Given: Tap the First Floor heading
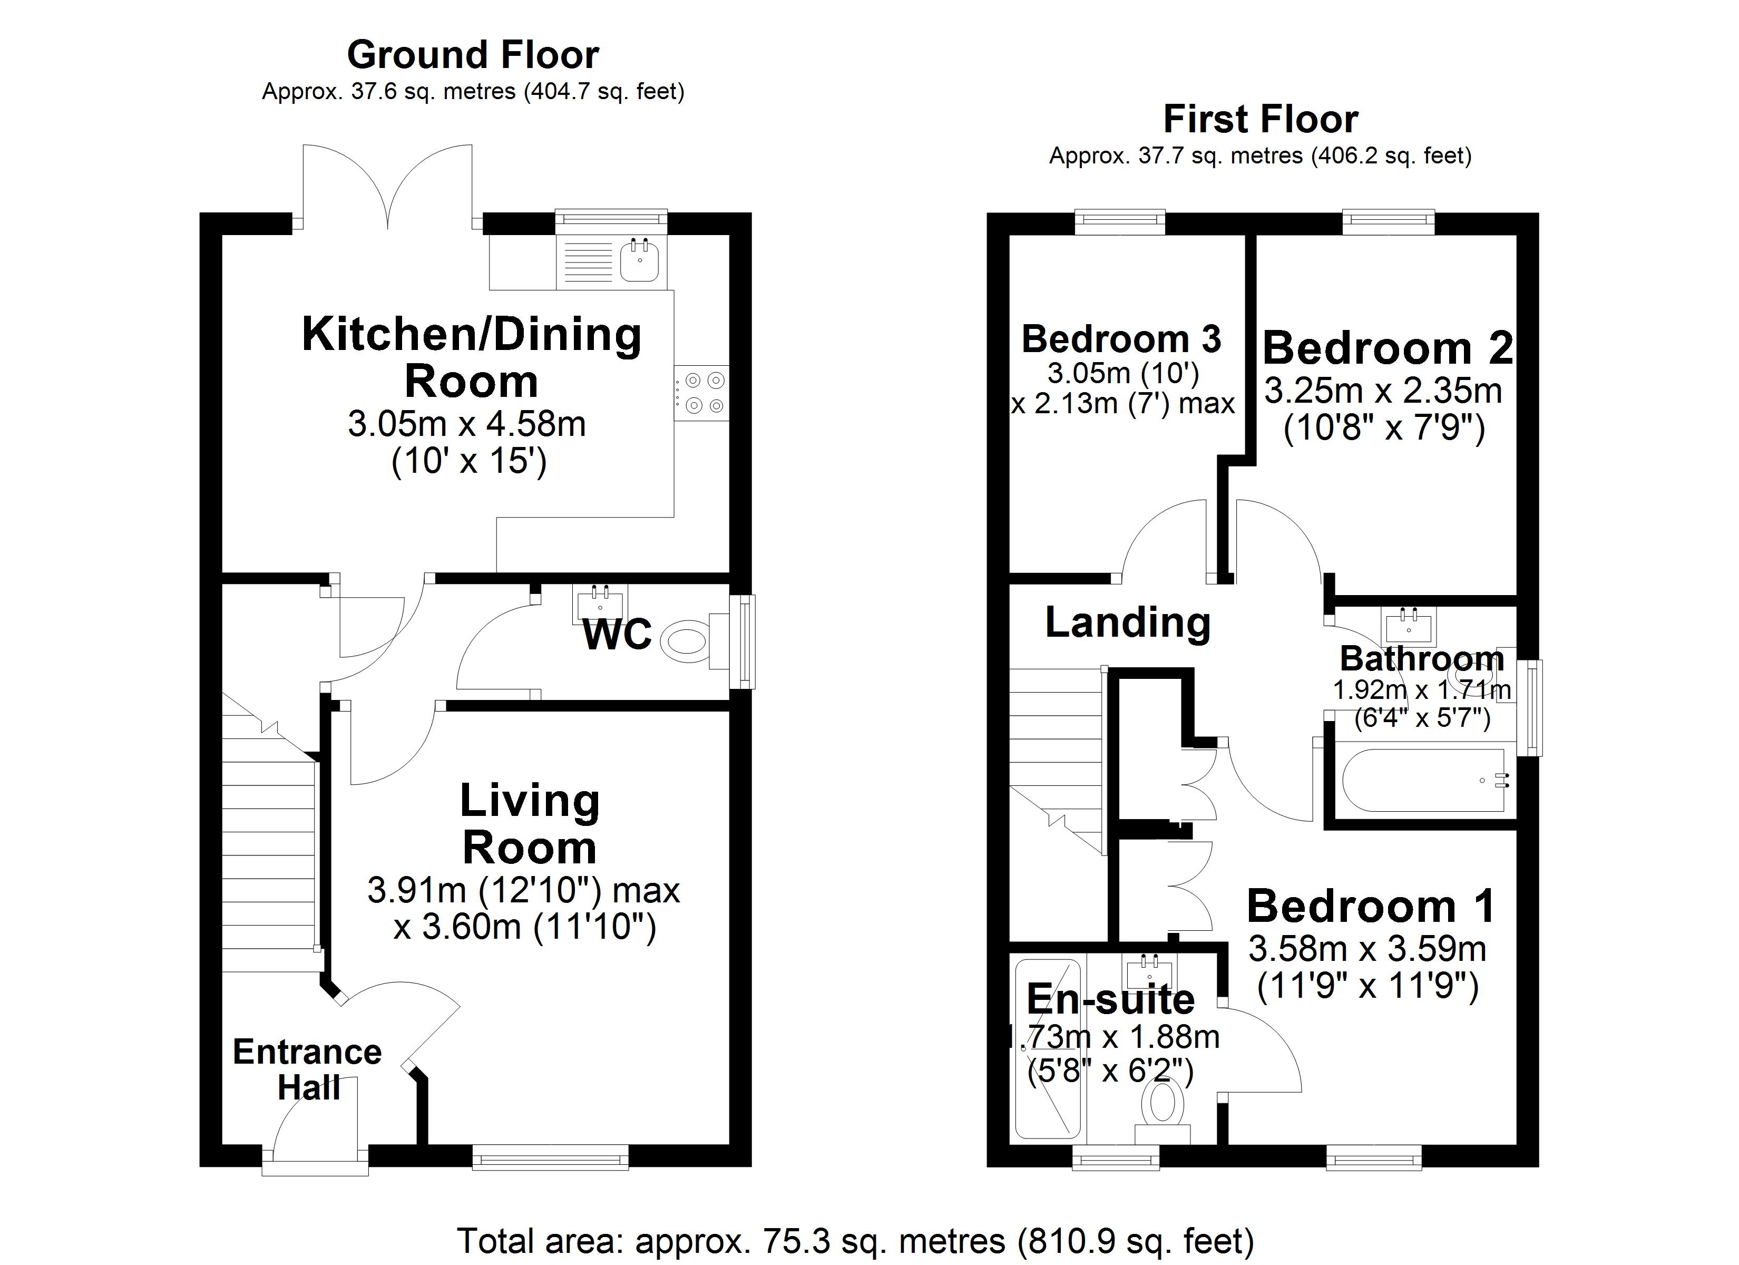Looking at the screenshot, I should tap(1260, 120).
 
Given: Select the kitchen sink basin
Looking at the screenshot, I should tap(639, 261).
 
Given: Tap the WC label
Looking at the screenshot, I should tap(617, 635).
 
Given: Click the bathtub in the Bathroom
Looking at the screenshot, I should tap(1423, 780).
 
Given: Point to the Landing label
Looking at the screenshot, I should tap(1127, 622).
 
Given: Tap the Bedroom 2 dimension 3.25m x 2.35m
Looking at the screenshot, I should tap(1382, 391).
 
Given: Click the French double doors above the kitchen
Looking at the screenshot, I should tap(387, 188).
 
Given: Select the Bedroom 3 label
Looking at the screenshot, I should tap(1121, 339).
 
